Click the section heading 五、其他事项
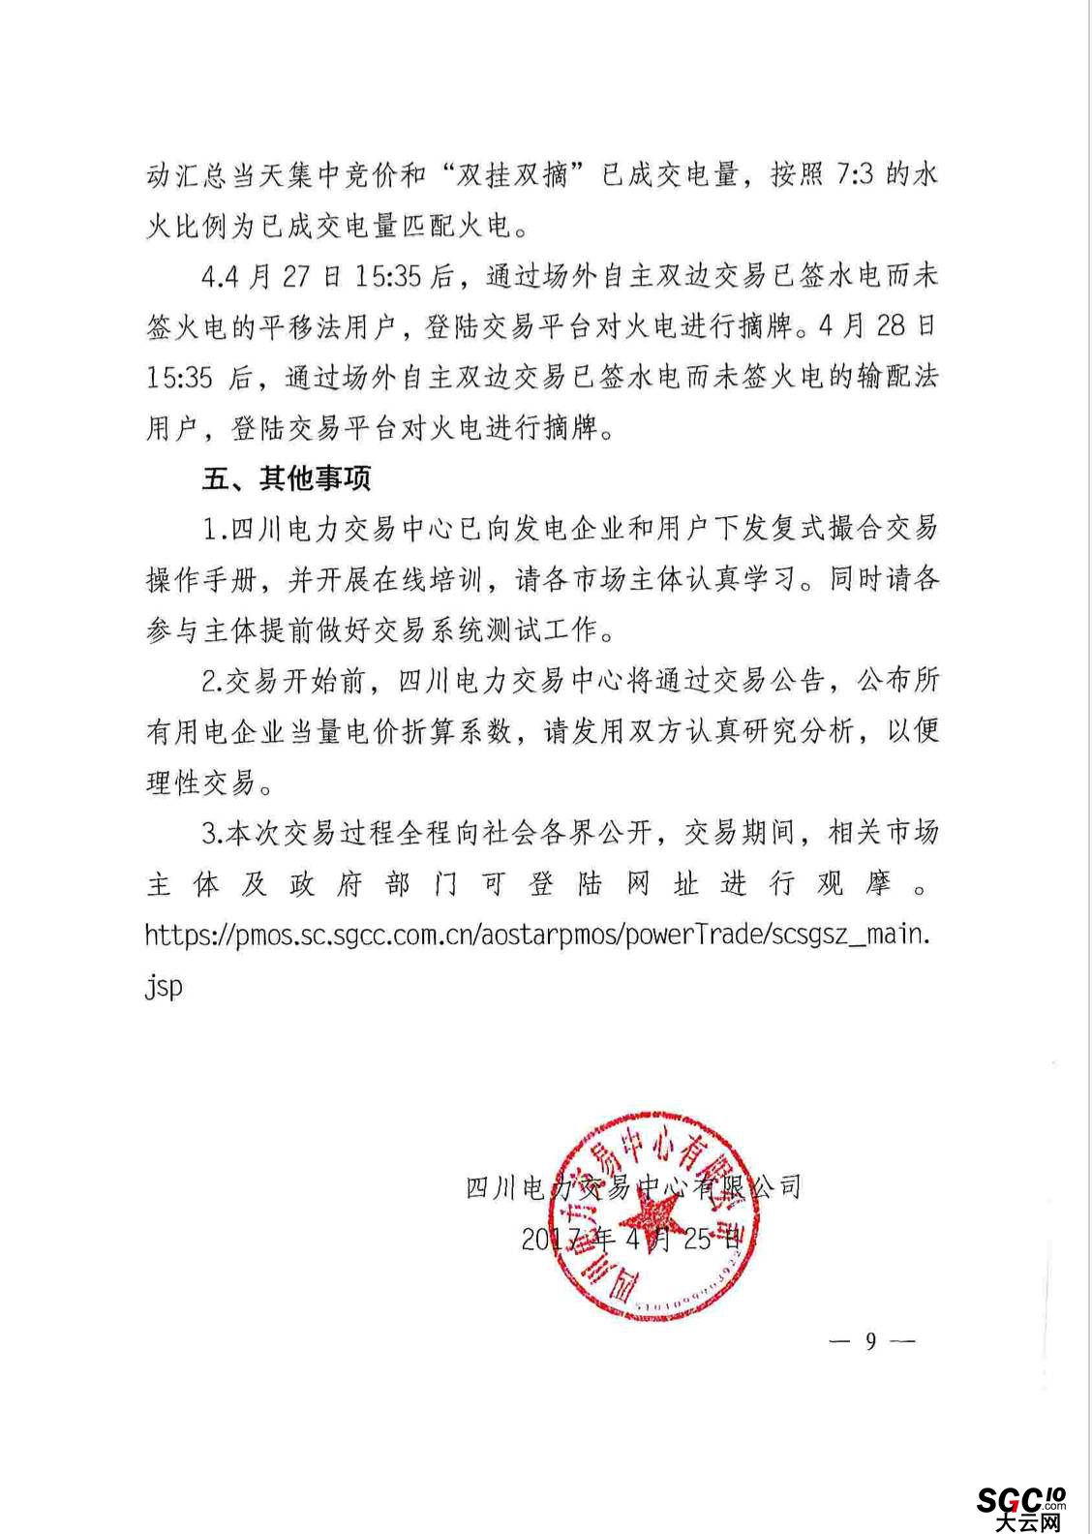point(287,477)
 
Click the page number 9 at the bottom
point(871,1341)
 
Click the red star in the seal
point(650,1221)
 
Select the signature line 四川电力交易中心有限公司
point(634,1186)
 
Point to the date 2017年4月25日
point(634,1239)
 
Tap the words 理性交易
point(201,782)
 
